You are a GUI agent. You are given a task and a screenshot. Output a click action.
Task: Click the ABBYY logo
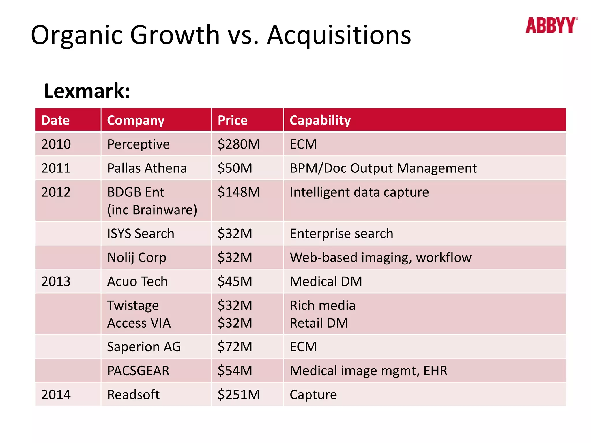tap(551, 25)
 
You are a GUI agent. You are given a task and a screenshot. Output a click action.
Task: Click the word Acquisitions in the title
tap(339, 35)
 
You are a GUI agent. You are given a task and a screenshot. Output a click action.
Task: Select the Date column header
tap(55, 120)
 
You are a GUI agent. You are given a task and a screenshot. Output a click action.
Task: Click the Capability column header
tap(320, 120)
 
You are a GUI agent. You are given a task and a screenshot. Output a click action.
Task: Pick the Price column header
tap(233, 120)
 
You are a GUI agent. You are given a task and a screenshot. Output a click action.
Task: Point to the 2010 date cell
tap(56, 144)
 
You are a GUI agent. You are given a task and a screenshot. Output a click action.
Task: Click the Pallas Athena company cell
tap(147, 168)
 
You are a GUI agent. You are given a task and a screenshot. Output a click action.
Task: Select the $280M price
tap(239, 144)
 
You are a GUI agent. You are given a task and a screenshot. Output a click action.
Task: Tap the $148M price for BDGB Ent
tap(239, 192)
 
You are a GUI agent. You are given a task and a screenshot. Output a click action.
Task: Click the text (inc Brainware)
tap(152, 210)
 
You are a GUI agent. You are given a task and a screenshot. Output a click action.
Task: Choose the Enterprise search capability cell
tap(341, 234)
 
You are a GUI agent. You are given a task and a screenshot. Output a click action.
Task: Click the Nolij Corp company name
tap(136, 258)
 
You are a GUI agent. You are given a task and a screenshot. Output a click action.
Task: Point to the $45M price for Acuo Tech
tap(235, 281)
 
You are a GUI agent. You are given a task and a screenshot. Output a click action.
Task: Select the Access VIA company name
tap(139, 323)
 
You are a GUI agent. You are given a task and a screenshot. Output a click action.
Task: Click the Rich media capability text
tap(322, 305)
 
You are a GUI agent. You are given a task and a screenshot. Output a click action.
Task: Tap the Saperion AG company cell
tap(144, 347)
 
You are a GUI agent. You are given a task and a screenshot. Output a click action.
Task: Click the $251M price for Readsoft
tap(239, 395)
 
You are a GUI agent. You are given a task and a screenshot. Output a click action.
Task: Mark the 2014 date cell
tap(56, 395)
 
